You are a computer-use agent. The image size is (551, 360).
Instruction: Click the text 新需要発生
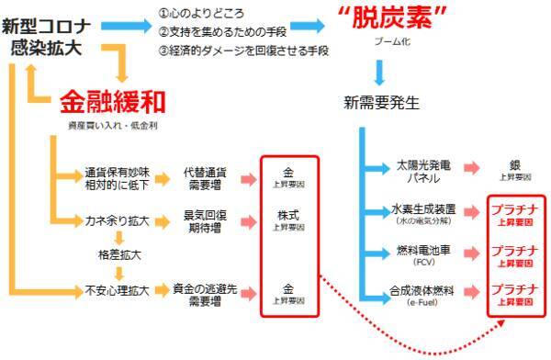382,101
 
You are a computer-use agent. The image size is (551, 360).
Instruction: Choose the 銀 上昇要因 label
514,171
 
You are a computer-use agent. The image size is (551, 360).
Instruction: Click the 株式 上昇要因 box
288,221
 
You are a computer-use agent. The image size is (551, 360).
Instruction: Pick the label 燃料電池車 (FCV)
423,254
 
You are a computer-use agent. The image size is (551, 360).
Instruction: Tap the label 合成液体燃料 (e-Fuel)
423,295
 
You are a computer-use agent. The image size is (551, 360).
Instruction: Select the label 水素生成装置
423,213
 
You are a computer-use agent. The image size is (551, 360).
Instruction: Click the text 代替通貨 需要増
206,177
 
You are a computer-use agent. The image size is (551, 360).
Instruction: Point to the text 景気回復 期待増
206,221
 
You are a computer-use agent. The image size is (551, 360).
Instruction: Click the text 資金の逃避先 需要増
206,294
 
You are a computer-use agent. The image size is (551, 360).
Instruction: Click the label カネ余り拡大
117,220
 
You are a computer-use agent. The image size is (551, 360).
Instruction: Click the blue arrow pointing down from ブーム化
377,72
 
